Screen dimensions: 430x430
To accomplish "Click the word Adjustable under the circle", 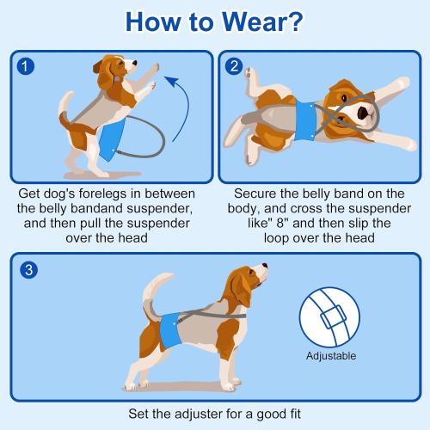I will coord(330,355).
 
